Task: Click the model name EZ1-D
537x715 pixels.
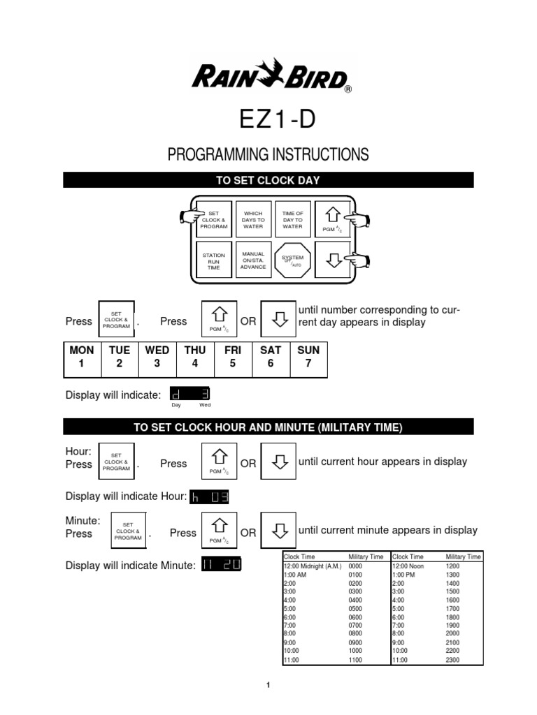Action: (268, 119)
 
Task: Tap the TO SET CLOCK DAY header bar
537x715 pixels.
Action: (268, 180)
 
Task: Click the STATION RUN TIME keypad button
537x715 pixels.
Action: (213, 260)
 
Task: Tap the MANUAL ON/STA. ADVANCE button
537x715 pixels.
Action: (252, 260)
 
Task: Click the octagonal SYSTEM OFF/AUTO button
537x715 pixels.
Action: (292, 260)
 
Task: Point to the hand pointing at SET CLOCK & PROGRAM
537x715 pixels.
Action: (188, 217)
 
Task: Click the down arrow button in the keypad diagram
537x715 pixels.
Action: (333, 260)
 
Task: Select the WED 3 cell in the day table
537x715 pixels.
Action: (157, 357)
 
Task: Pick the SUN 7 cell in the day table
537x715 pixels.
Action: (308, 357)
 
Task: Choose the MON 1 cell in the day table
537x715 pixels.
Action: (82, 357)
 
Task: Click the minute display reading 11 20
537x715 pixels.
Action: (220, 565)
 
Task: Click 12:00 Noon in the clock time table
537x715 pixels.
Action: (408, 566)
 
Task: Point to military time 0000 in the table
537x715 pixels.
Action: (356, 566)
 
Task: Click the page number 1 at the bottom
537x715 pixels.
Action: (268, 686)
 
